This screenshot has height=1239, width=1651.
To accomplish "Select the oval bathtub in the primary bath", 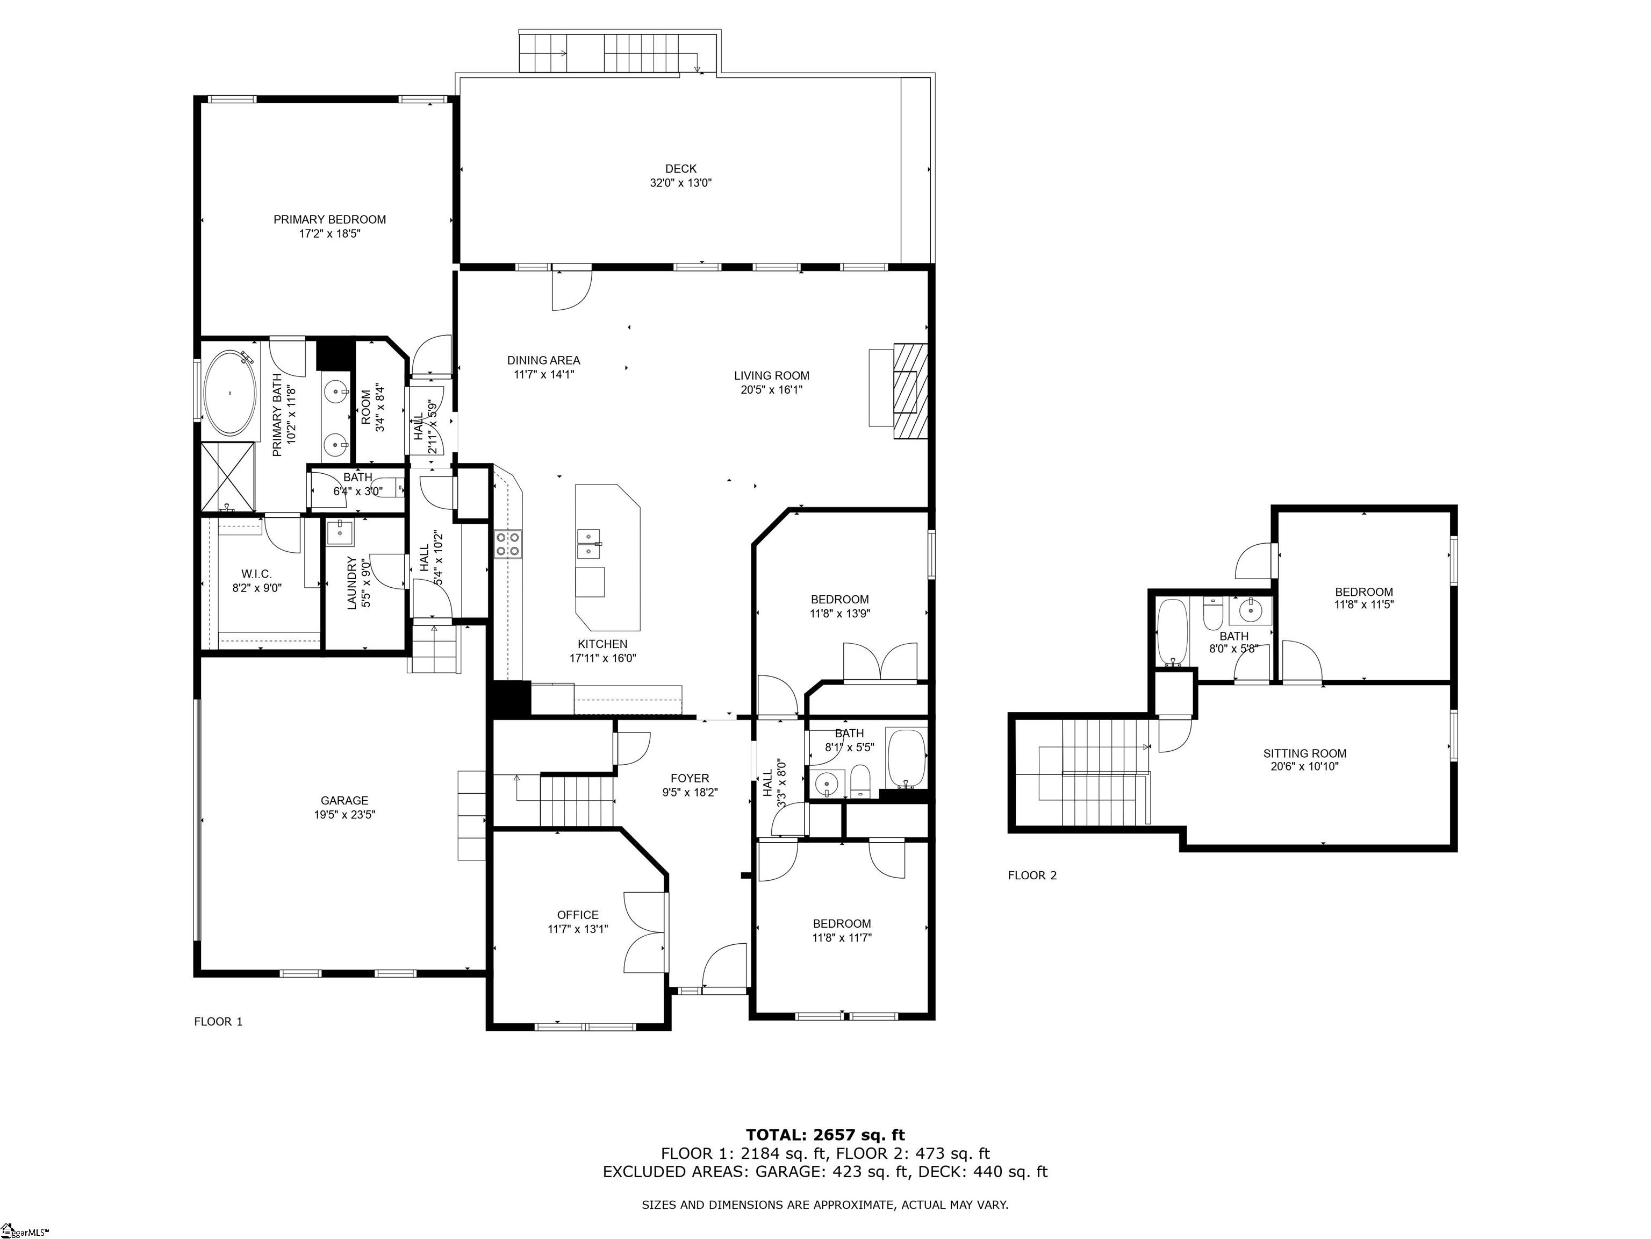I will point(230,393).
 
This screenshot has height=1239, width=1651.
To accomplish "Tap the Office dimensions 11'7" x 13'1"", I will point(577,929).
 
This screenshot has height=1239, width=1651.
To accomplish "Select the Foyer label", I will point(690,778).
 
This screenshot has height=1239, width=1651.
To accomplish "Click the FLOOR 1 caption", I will point(218,1022).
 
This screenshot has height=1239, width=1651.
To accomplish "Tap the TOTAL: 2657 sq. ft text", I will point(825,1136).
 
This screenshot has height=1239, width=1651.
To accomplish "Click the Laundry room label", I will point(353,583).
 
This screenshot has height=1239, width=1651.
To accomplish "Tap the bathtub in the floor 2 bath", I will point(1172,632).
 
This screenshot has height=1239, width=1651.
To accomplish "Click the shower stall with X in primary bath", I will point(228,476).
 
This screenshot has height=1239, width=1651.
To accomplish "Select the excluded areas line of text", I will point(825,1172).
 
